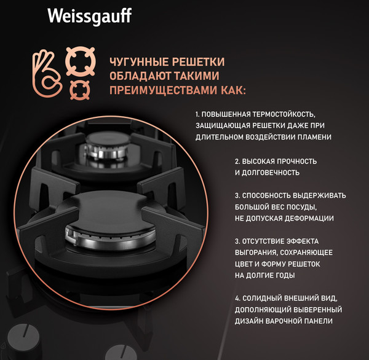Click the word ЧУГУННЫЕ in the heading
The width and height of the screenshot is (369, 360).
click(x=135, y=62)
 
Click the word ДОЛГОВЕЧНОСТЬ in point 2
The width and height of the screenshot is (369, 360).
click(x=270, y=173)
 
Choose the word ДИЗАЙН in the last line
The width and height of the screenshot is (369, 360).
click(x=253, y=321)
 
